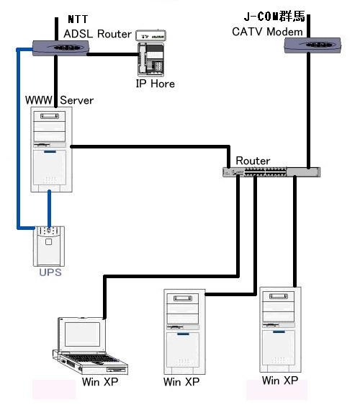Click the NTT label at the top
78,19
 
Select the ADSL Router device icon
60,48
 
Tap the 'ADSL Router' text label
97,34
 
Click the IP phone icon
150,53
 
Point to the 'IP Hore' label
156,84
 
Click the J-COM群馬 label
274,17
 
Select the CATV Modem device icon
312,45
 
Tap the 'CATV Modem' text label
267,32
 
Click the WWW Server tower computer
51,150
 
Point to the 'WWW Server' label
59,100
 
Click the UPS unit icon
49,246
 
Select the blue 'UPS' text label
50,272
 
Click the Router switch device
271,172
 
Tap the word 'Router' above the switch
253,161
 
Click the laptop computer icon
90,346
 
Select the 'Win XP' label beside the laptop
100,382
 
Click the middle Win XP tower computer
184,332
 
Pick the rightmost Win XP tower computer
280,329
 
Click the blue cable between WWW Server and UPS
49,209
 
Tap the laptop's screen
83,334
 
